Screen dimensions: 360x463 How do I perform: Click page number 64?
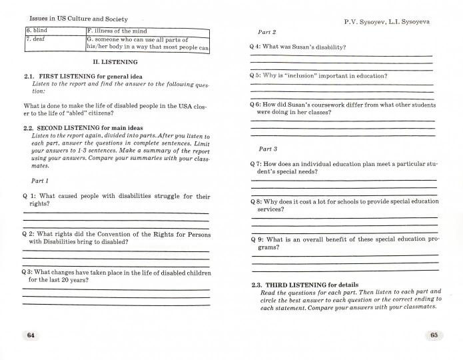[x=30, y=335]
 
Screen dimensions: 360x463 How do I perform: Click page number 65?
[x=433, y=335]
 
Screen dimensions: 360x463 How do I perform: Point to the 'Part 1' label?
[x=40, y=181]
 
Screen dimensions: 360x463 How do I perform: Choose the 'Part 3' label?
[x=267, y=149]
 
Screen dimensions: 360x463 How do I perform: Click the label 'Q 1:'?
[x=30, y=196]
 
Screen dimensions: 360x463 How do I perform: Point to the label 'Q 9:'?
[x=258, y=239]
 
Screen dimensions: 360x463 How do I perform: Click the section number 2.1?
[x=30, y=76]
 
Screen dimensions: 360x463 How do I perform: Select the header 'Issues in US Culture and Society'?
[x=75, y=19]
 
